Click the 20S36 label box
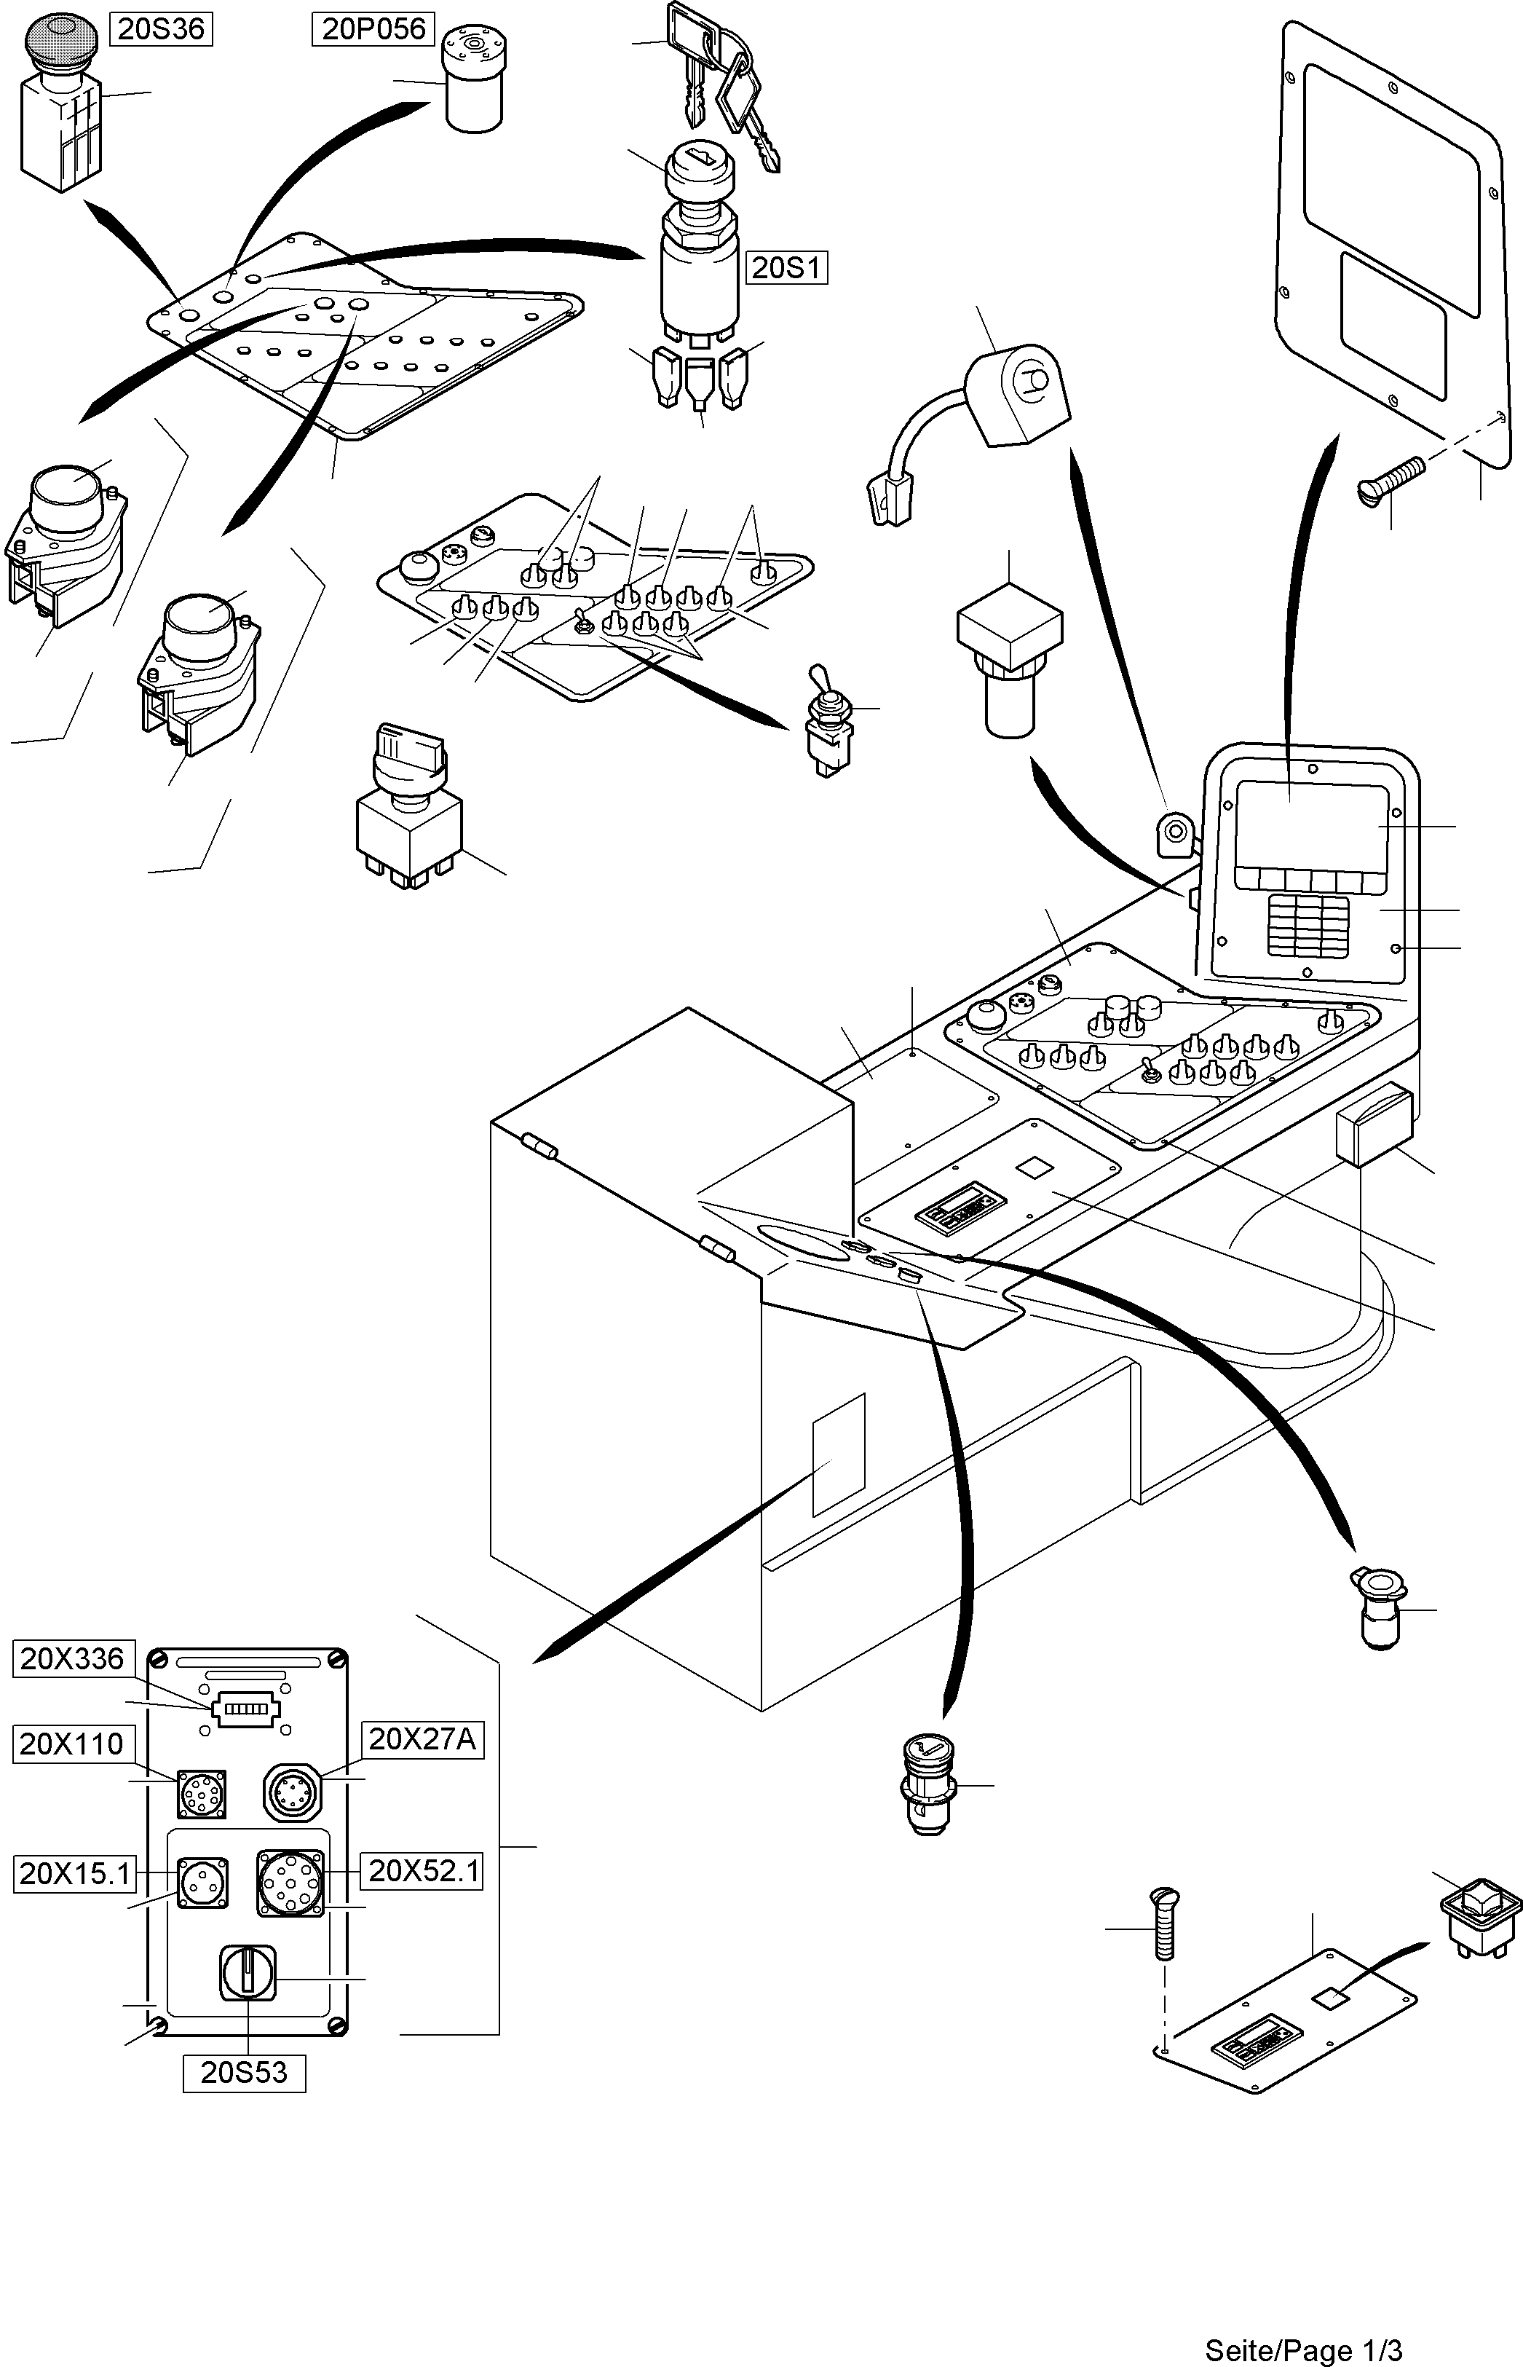pos(160,30)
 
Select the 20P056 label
pos(373,30)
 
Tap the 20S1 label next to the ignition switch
pos(786,267)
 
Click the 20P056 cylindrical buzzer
pos(475,81)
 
